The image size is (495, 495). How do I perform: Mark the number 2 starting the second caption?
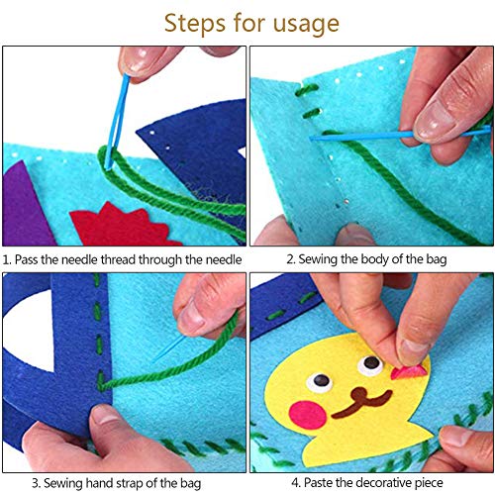click(x=291, y=259)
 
